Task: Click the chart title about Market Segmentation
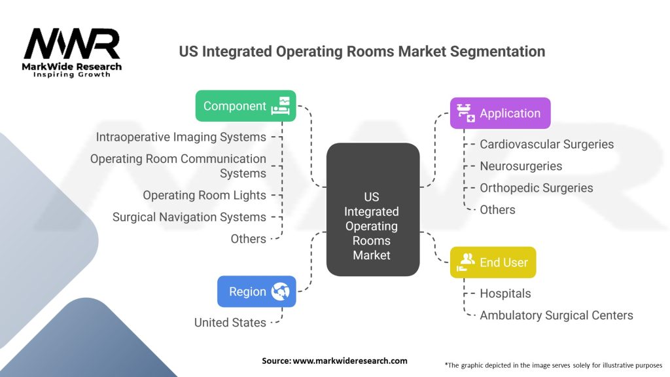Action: (x=362, y=51)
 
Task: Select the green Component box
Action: (x=245, y=105)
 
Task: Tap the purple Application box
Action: (x=500, y=113)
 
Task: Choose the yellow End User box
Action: (x=493, y=262)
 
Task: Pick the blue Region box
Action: (x=256, y=291)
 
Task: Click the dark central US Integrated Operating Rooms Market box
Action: (x=372, y=226)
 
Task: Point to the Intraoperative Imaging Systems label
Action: (x=181, y=137)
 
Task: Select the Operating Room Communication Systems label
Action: (x=178, y=166)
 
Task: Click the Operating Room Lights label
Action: (x=204, y=195)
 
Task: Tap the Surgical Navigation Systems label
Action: (x=189, y=217)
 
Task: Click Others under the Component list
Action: (x=248, y=239)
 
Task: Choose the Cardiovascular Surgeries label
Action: (x=546, y=144)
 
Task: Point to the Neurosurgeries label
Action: (x=521, y=166)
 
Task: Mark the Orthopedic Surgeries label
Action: (x=536, y=188)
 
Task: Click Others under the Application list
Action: (x=497, y=209)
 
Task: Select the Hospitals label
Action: (x=505, y=293)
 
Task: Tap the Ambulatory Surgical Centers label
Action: (x=556, y=315)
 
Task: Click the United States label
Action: (x=230, y=322)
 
